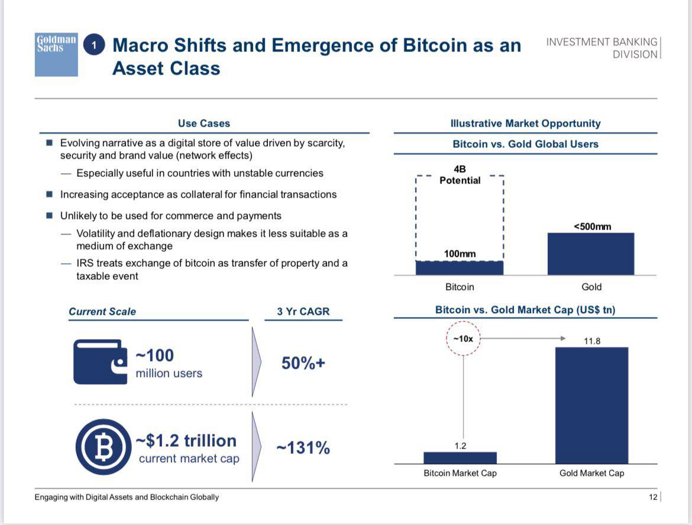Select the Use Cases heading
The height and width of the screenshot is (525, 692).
pos(204,124)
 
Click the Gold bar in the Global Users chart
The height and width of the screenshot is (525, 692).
pos(591,254)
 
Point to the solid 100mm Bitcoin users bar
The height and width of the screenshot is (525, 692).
pos(460,268)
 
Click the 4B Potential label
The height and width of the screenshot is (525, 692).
pos(460,175)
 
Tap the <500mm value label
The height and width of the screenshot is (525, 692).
pos(592,226)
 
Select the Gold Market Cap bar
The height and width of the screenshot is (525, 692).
pos(591,405)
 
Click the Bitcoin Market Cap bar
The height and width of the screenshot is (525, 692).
pos(460,458)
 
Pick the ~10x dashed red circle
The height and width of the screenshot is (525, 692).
pos(463,339)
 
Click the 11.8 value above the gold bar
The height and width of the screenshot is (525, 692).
pos(592,341)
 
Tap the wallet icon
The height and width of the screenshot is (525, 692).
pos(101,362)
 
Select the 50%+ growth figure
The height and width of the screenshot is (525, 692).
pos(303,363)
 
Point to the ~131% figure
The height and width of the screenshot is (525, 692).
pos(303,448)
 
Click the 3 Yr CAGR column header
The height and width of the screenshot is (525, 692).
pos(303,311)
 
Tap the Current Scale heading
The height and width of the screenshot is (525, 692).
pos(102,311)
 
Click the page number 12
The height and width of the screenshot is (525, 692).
pos(653,497)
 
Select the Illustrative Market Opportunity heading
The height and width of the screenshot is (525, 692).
pos(525,124)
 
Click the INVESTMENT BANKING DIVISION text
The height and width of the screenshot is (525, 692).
pos(602,48)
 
